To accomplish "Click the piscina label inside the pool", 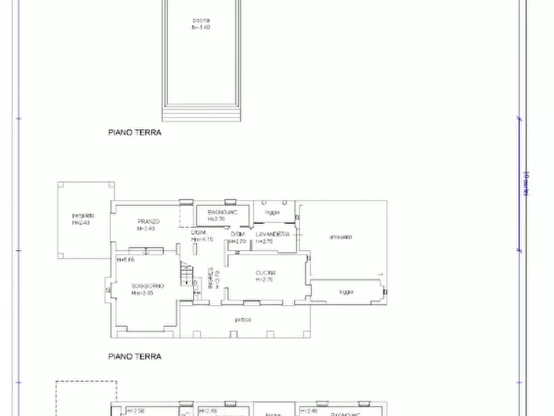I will (201, 20).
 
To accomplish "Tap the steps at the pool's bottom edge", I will (201, 114).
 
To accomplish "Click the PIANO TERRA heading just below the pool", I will (135, 132).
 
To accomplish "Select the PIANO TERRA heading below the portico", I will (135, 356).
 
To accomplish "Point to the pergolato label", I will (82, 216).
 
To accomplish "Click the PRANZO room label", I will (149, 222).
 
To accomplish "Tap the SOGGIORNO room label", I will (147, 286).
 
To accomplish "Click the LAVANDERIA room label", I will (273, 234).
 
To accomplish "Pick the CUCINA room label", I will (265, 273).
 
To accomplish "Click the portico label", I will (243, 320).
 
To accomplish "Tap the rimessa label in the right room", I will (341, 237).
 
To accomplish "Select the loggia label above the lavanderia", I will (272, 212).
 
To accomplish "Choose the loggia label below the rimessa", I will (347, 292).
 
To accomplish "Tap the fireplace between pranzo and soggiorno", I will (146, 251).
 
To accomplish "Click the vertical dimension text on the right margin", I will (526, 184).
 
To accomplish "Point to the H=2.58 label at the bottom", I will (135, 411).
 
